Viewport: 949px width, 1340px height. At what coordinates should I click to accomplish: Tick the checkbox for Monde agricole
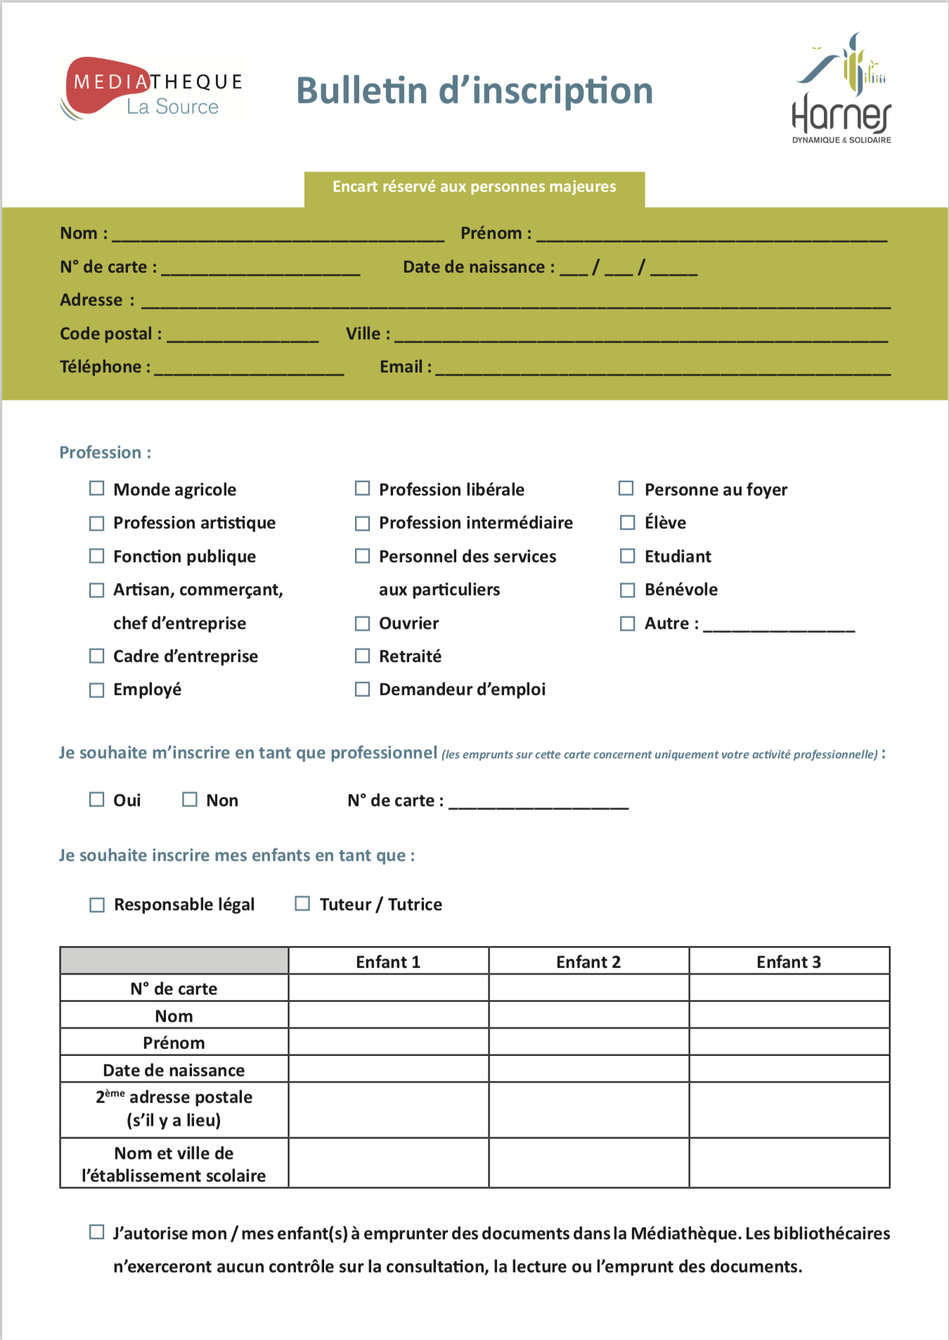coord(97,489)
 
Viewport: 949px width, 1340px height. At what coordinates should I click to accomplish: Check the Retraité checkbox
coord(362,656)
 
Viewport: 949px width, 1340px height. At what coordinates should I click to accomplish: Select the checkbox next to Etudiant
coord(627,556)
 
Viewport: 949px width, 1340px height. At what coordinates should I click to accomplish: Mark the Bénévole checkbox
coord(627,590)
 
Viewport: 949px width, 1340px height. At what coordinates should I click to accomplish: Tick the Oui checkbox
coord(97,799)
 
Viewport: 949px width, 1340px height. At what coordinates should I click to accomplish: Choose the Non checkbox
coord(190,799)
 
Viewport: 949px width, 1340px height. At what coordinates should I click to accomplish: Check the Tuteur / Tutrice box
coord(302,903)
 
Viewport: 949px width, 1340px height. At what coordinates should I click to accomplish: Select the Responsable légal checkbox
coord(97,904)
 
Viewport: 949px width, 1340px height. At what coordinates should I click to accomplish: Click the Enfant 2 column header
coord(588,961)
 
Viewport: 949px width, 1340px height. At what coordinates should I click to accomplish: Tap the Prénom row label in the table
coord(174,1043)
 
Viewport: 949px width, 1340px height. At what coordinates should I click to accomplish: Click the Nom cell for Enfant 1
coord(388,1015)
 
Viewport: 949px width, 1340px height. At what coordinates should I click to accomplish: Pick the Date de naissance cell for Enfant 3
coord(789,1069)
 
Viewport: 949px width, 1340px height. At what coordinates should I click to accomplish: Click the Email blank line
coord(662,369)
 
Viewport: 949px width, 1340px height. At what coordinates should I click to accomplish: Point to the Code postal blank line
coord(243,336)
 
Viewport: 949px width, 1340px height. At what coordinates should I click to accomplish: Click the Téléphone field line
coord(249,369)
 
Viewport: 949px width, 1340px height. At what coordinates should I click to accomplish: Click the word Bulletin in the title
coord(362,91)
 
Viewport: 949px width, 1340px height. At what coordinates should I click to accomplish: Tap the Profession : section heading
coord(105,452)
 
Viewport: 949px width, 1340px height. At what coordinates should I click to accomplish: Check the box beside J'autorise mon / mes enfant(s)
coord(97,1232)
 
